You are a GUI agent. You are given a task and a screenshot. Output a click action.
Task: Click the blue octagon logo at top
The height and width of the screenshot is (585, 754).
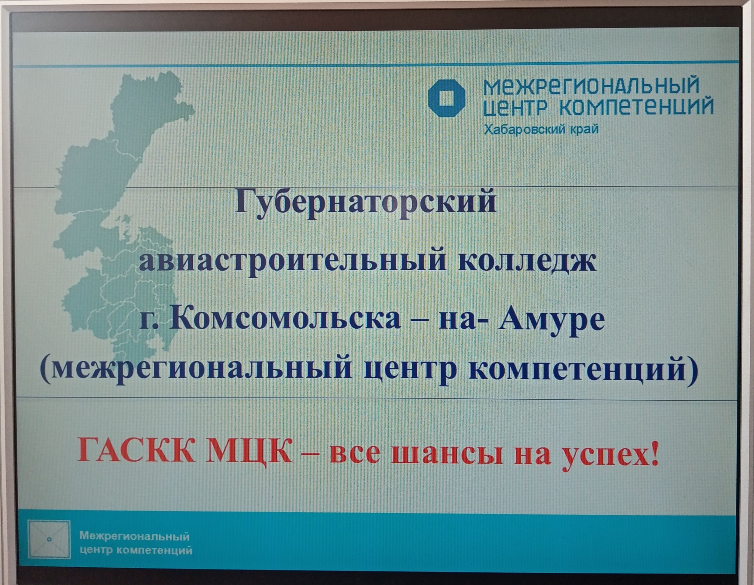(447, 98)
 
